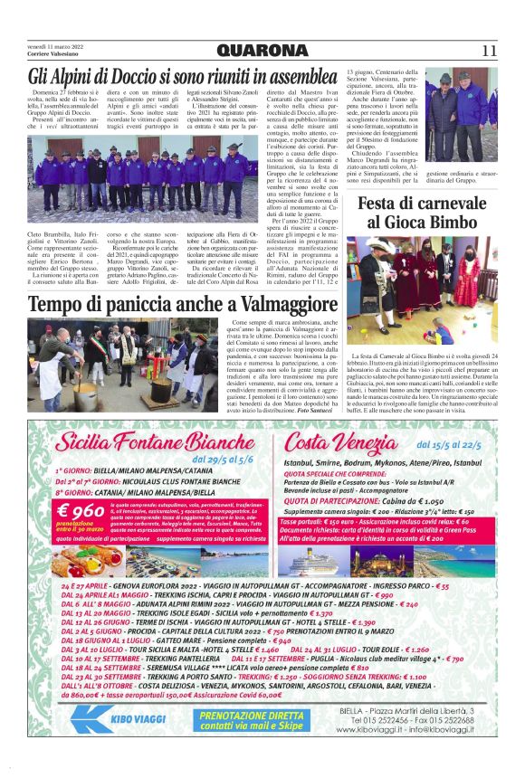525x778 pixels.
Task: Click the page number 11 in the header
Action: click(490, 50)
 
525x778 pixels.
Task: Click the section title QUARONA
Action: click(262, 50)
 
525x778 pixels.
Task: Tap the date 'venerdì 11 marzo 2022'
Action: click(56, 44)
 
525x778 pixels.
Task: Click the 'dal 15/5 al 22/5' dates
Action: click(449, 444)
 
